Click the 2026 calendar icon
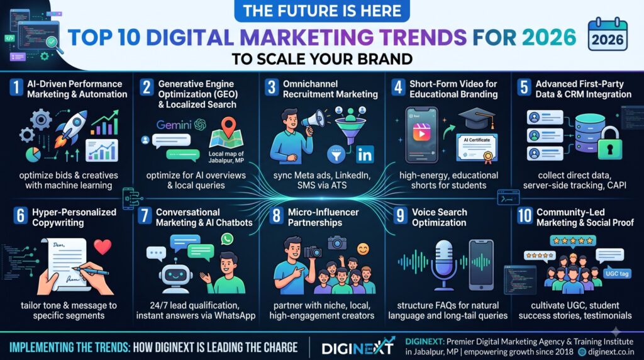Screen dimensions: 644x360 608,35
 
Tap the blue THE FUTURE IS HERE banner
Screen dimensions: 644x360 322,11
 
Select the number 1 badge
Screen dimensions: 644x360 16,87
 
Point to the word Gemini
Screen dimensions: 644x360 174,125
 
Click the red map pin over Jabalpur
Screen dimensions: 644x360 228,127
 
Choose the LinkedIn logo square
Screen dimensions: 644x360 364,155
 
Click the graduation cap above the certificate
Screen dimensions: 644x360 477,118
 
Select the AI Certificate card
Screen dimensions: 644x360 477,147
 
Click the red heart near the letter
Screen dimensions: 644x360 103,247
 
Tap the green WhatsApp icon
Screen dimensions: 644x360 226,239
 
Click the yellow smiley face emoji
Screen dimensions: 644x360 363,249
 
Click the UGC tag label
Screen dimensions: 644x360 617,274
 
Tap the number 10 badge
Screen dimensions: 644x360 525,216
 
